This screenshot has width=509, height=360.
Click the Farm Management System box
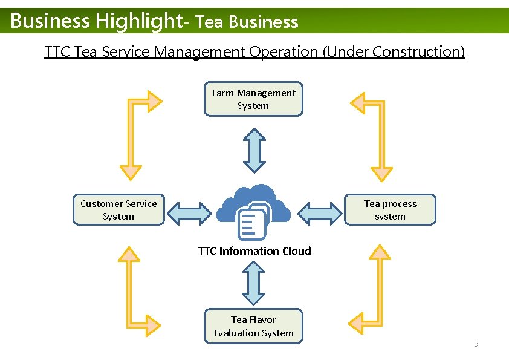[253, 99]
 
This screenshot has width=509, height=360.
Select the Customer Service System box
[118, 210]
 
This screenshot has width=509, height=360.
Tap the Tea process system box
[390, 210]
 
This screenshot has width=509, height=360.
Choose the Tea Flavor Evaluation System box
[253, 326]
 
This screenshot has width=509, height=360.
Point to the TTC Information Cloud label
[254, 251]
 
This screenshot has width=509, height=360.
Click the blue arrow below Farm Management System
[254, 150]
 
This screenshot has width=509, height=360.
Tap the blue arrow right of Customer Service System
[190, 214]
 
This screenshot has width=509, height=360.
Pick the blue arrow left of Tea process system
[320, 214]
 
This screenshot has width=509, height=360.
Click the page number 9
[476, 344]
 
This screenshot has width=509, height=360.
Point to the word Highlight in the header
[138, 21]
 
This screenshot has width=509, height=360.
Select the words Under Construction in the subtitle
[394, 52]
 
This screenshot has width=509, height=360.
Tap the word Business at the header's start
[50, 21]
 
